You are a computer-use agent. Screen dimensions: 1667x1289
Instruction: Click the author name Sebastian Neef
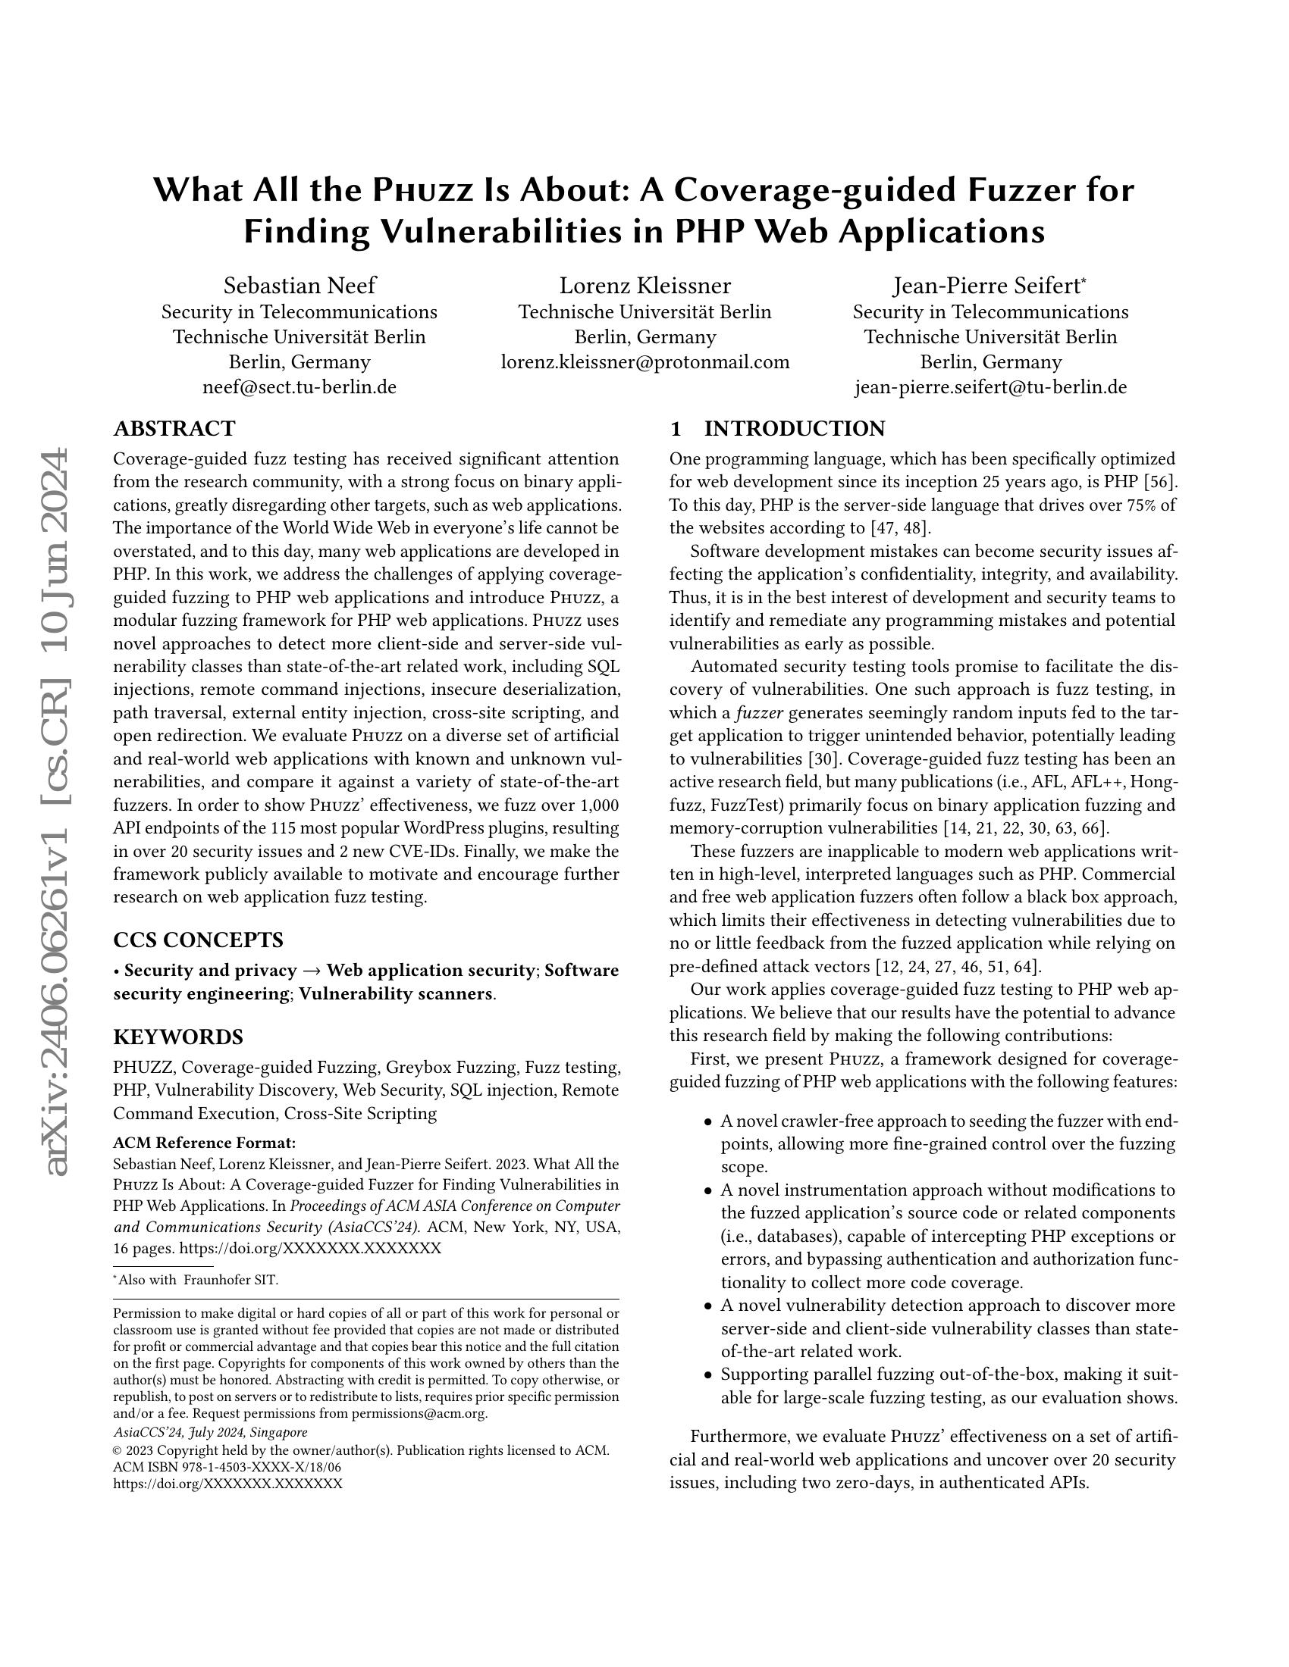pyautogui.click(x=300, y=286)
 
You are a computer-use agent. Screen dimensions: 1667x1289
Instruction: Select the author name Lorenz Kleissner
pyautogui.click(x=644, y=286)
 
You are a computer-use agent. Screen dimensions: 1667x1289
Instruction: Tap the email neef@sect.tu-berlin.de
pyautogui.click(x=300, y=387)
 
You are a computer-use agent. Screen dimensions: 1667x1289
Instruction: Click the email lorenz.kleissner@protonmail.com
pyautogui.click(x=644, y=361)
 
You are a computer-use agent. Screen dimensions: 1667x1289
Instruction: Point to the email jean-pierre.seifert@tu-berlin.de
pyautogui.click(x=990, y=387)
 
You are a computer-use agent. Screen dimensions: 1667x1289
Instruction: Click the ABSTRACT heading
pyautogui.click(x=174, y=428)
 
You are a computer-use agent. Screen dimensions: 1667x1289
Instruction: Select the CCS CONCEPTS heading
pyautogui.click(x=198, y=939)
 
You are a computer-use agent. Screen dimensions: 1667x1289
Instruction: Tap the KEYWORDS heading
pyautogui.click(x=178, y=1037)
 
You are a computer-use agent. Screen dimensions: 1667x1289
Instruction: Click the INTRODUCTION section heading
pyautogui.click(x=794, y=428)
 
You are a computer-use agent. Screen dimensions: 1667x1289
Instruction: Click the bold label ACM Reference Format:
pyautogui.click(x=204, y=1143)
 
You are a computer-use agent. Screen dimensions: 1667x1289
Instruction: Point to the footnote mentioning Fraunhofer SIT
pyautogui.click(x=197, y=1280)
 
